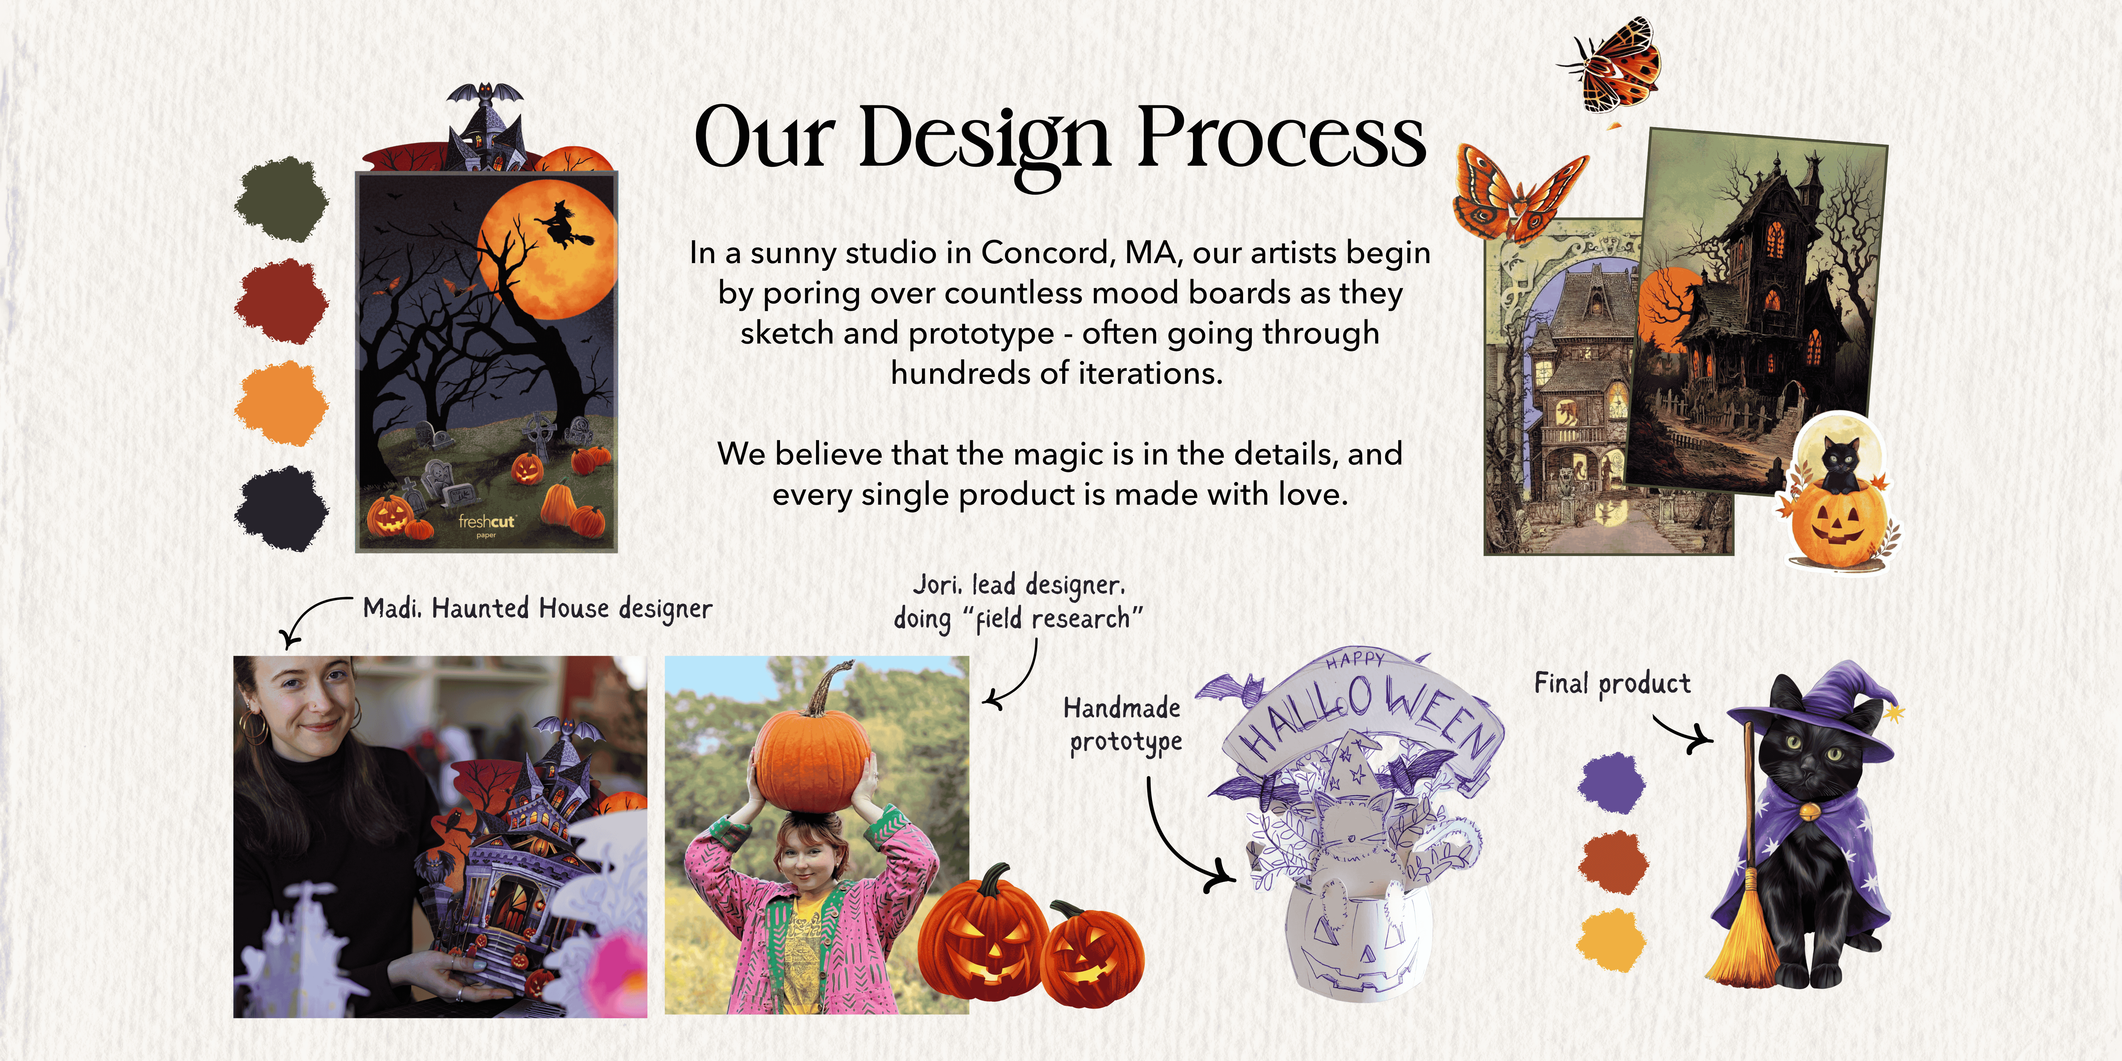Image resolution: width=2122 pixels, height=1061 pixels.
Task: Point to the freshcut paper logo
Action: [486, 525]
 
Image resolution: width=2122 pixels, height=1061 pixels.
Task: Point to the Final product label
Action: [1612, 684]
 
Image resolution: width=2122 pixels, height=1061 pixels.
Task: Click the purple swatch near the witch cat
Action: [1611, 783]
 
